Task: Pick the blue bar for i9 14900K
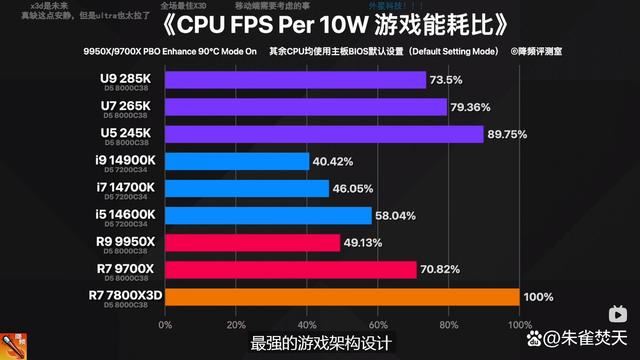coord(236,161)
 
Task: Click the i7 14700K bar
coord(246,188)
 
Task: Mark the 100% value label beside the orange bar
coord(539,296)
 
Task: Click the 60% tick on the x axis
coord(377,324)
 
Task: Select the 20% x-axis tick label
coord(236,324)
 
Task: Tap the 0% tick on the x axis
coord(165,324)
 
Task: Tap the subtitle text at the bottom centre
coord(320,342)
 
